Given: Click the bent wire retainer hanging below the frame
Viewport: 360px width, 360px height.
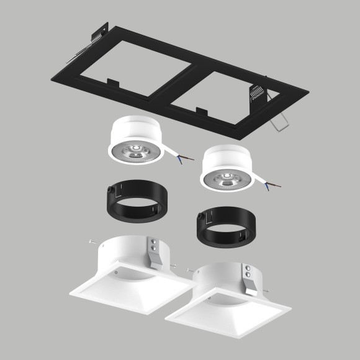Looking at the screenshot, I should pos(279,122).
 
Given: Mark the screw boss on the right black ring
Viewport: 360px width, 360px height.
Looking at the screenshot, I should pos(200,217).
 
